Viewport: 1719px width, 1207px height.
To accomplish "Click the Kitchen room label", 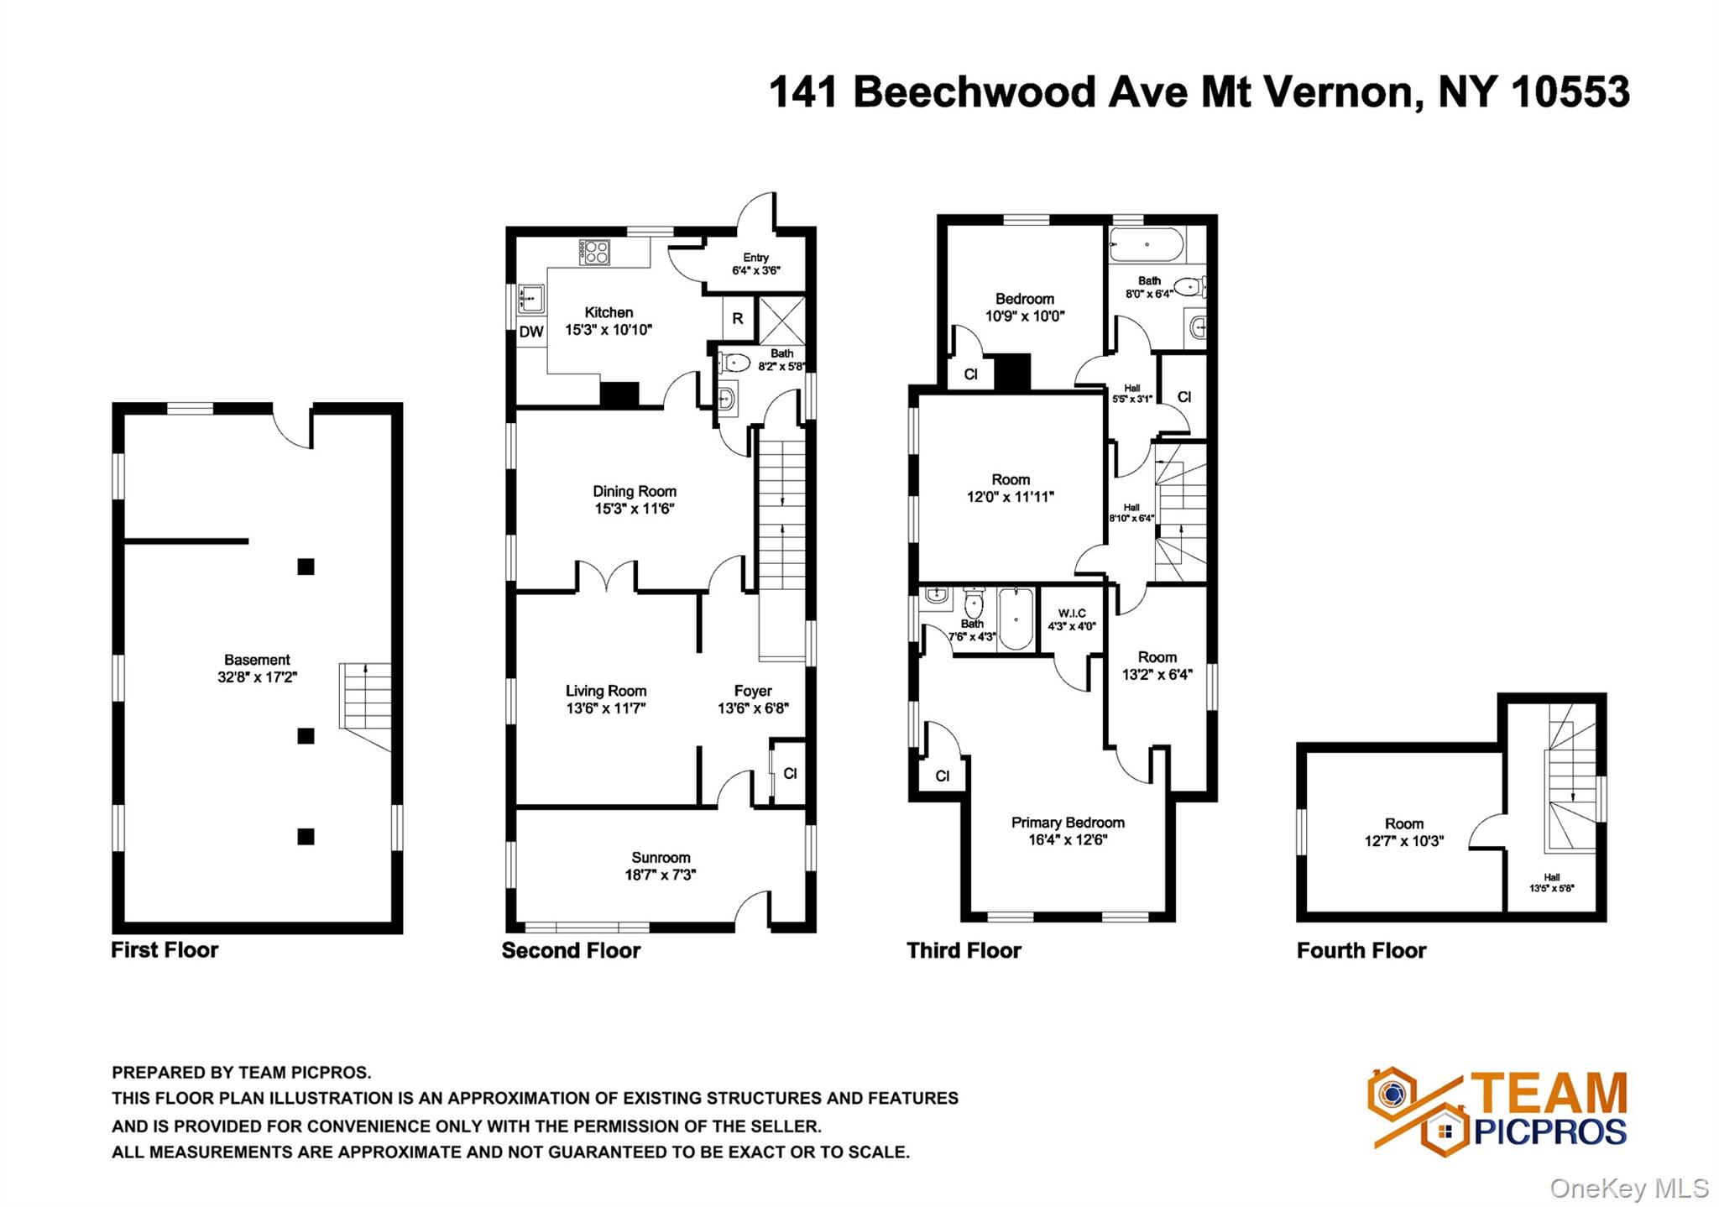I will point(609,312).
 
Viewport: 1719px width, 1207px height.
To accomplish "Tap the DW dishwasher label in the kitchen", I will point(530,332).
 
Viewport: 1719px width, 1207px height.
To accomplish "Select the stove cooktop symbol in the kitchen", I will point(596,252).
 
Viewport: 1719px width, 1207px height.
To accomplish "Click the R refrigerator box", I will point(738,319).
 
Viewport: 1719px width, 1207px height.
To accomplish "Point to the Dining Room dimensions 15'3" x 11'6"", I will point(635,509).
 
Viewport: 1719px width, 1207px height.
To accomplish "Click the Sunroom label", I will point(661,857).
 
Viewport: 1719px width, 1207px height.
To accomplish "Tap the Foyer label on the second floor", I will point(752,691).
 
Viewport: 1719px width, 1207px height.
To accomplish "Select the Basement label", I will point(257,660).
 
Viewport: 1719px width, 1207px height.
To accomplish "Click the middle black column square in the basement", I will point(306,736).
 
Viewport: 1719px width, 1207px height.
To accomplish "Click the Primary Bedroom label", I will point(1068,823).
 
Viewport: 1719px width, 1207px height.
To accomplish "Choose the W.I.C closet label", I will point(1072,614).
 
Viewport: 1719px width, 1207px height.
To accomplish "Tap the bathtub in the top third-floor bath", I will point(1146,245).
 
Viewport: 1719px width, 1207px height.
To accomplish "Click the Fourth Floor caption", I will point(1361,950).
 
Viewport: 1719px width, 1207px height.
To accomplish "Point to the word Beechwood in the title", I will point(974,91).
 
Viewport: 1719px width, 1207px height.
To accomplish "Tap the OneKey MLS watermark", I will point(1628,1188).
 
